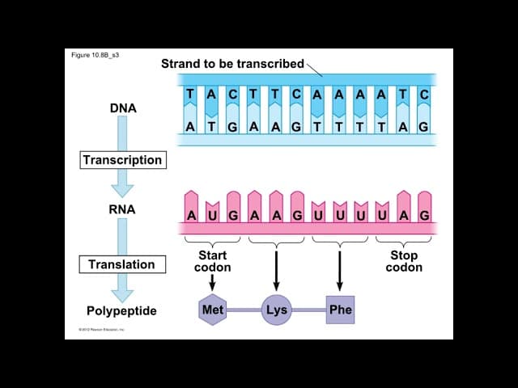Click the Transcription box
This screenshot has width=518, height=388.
point(122,160)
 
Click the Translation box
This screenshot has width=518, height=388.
point(121,264)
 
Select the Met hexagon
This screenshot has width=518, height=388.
point(212,310)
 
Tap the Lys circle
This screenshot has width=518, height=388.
point(276,310)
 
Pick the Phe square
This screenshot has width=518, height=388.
point(340,310)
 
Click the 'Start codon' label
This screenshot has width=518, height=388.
point(212,261)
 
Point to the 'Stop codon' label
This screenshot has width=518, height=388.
point(403,261)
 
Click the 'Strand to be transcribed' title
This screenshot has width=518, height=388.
point(232,63)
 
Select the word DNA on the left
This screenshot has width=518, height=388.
point(122,108)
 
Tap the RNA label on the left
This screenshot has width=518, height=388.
point(122,209)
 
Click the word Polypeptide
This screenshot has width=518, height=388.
point(121,310)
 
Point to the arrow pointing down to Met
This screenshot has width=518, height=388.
point(212,282)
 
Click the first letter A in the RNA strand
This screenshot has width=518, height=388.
point(191,216)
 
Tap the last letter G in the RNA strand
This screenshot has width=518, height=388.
point(424,216)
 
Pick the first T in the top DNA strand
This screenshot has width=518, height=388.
point(190,95)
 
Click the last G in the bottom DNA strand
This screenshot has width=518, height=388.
point(423,127)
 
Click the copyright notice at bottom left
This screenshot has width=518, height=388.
point(101,330)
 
